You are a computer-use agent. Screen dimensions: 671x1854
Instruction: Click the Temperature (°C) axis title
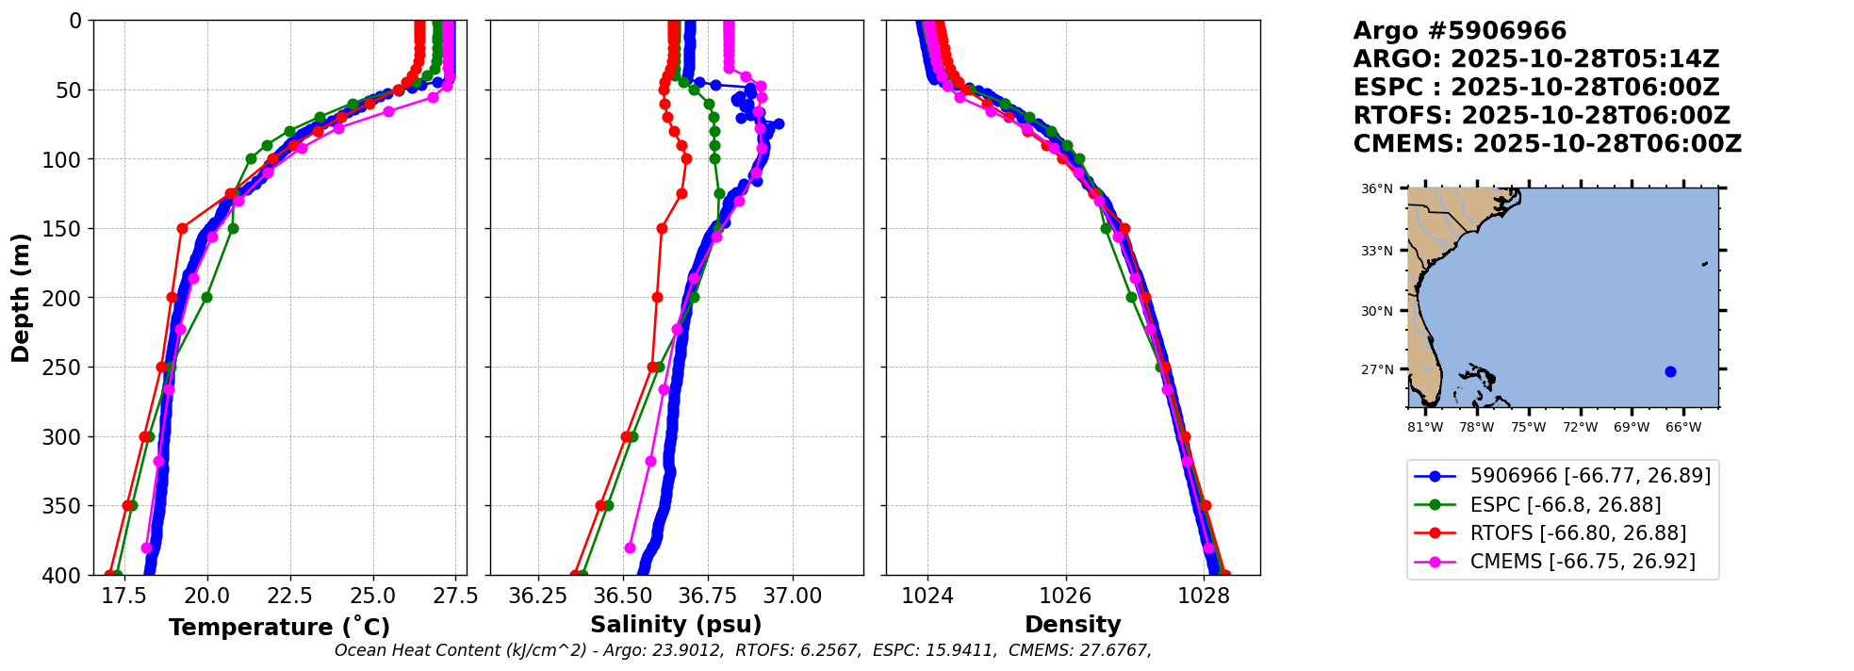[279, 628]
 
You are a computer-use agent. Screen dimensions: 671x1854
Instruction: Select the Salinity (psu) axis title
[676, 625]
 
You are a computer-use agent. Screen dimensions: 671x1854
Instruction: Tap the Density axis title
[1073, 625]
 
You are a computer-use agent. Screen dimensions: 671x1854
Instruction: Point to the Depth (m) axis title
[21, 298]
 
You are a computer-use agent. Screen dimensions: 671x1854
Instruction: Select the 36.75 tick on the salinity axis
[707, 596]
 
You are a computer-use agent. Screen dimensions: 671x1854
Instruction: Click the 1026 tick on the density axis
[1066, 596]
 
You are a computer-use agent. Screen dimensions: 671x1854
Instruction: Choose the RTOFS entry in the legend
[1578, 533]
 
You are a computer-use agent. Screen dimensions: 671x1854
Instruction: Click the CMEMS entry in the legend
[1583, 562]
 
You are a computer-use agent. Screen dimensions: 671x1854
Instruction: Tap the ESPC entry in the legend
[1566, 505]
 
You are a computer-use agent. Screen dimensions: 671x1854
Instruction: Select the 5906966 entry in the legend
[1590, 476]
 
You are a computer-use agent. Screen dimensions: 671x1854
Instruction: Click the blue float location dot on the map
[1670, 371]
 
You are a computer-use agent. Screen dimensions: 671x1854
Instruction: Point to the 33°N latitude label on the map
[1376, 251]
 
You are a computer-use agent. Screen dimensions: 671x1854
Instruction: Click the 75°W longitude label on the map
[1529, 428]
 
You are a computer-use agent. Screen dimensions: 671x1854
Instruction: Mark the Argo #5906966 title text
[1459, 31]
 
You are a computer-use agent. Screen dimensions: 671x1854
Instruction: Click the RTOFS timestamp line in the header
[1541, 116]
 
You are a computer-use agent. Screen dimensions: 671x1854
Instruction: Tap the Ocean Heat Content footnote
[743, 650]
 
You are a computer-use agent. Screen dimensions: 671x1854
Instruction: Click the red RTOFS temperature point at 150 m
[182, 228]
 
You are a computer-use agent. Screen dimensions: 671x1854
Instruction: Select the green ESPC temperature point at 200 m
[206, 297]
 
